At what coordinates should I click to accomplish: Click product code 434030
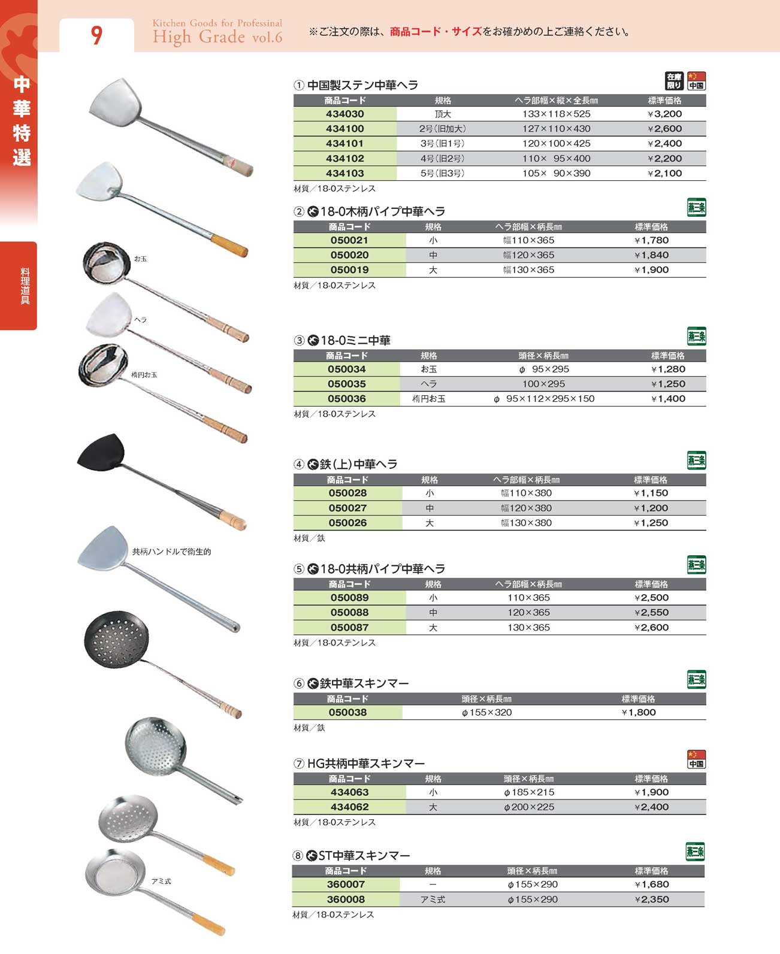(x=345, y=114)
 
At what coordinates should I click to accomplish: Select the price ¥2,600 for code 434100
(x=664, y=129)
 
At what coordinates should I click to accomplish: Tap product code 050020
(x=349, y=255)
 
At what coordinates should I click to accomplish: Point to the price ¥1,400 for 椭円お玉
(x=668, y=399)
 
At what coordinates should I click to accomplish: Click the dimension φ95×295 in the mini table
(x=544, y=370)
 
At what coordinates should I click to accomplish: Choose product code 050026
(x=347, y=523)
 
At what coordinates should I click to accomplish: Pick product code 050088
(x=349, y=613)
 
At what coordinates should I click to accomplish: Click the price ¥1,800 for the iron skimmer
(x=639, y=713)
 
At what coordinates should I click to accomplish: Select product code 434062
(x=349, y=807)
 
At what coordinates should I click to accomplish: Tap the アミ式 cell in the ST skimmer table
(x=433, y=900)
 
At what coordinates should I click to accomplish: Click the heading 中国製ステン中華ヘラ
(x=362, y=85)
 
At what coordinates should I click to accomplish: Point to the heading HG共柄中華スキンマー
(x=366, y=764)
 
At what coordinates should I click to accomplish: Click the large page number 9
(x=96, y=35)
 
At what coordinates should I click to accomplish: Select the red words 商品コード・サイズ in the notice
(x=436, y=32)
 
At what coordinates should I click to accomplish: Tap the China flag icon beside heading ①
(x=696, y=80)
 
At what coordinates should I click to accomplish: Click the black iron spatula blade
(x=102, y=452)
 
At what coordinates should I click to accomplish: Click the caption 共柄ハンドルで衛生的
(x=171, y=552)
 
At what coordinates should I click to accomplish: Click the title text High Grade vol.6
(x=217, y=37)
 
